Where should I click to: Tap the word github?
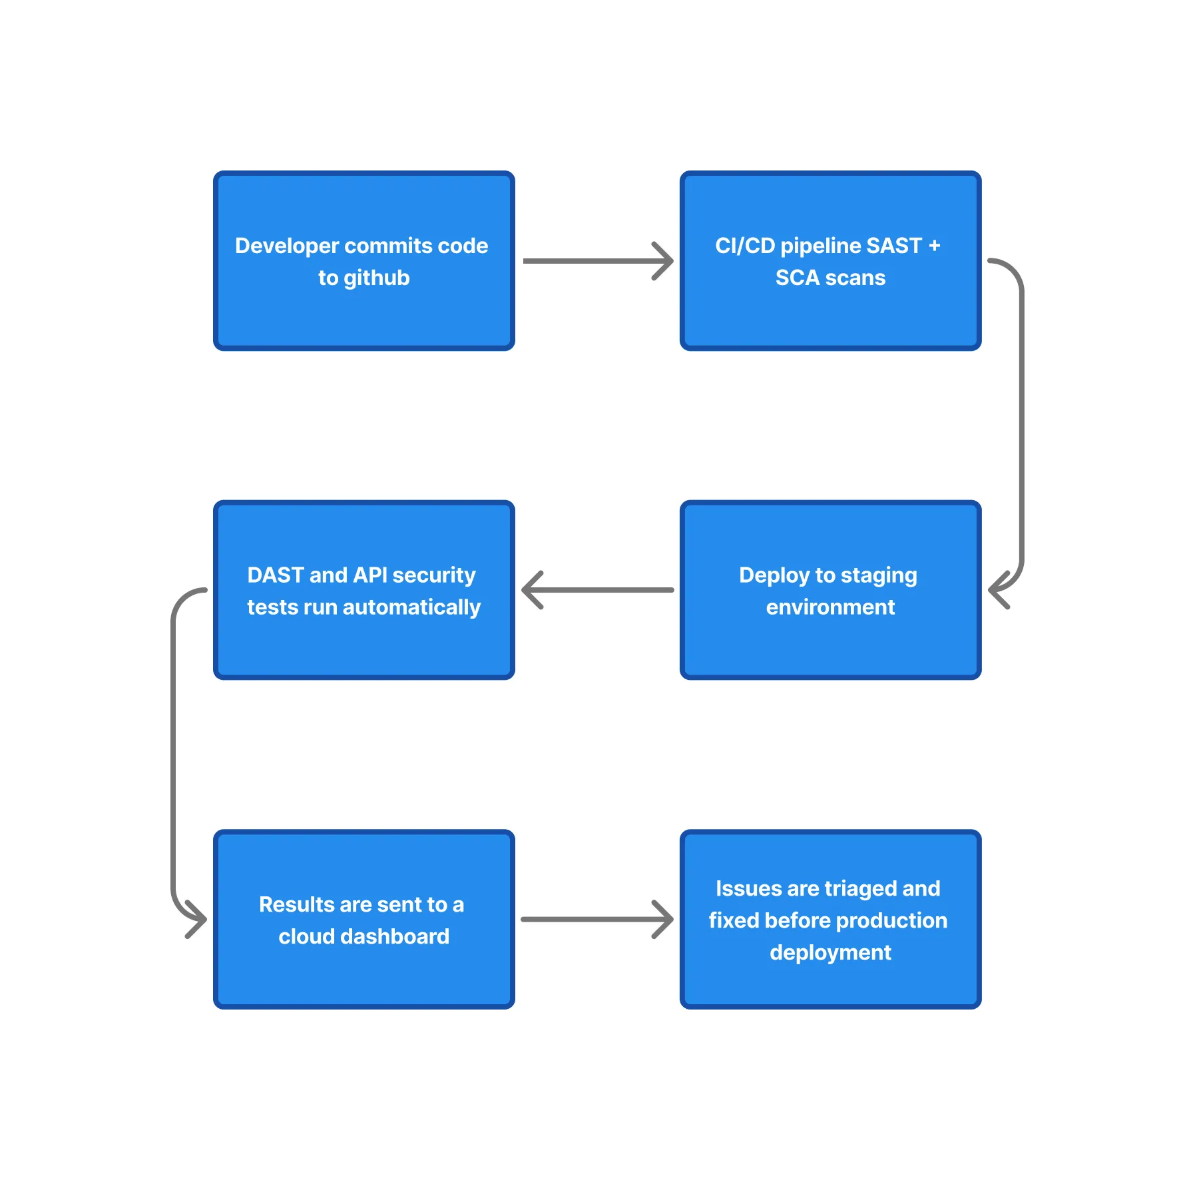point(376,278)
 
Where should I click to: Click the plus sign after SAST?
point(934,246)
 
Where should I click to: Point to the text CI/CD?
point(745,246)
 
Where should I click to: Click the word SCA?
point(797,278)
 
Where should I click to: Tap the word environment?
point(830,607)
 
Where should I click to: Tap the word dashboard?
point(395,937)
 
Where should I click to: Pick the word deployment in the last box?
point(830,953)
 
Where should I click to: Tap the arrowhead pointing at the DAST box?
point(531,590)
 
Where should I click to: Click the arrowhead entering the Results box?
point(198,919)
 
